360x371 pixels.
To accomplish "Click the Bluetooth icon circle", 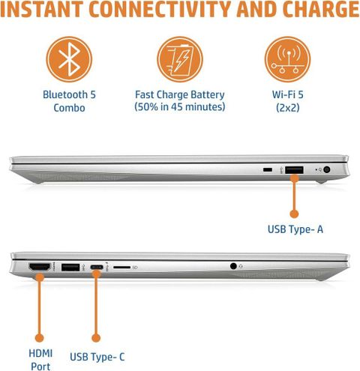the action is pyautogui.click(x=69, y=59).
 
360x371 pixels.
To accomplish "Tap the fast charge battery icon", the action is pyautogui.click(x=180, y=59).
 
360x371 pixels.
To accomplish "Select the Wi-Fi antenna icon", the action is pyautogui.click(x=287, y=59).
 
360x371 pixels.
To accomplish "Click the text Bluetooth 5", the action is pyautogui.click(x=69, y=94).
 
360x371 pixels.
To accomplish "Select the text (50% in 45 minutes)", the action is pyautogui.click(x=180, y=107).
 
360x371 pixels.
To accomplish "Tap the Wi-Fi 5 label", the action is pyautogui.click(x=287, y=94).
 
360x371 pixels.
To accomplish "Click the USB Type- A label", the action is pyautogui.click(x=295, y=229).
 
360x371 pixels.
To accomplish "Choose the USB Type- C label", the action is pyautogui.click(x=97, y=357).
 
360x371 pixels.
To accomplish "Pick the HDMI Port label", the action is pyautogui.click(x=40, y=360).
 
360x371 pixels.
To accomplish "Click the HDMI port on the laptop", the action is pyautogui.click(x=40, y=267).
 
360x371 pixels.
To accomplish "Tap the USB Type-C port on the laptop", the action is pyautogui.click(x=97, y=267).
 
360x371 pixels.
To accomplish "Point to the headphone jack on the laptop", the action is pyautogui.click(x=233, y=266).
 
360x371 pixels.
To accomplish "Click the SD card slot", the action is pyautogui.click(x=121, y=268).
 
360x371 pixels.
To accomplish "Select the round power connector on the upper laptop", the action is pyautogui.click(x=326, y=170).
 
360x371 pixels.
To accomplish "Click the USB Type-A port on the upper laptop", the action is pyautogui.click(x=294, y=170).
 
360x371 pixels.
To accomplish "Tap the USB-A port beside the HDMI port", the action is pyautogui.click(x=70, y=267).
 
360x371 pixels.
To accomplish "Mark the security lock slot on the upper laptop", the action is pyautogui.click(x=268, y=170).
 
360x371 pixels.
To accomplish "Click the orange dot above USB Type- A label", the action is pyautogui.click(x=294, y=214).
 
